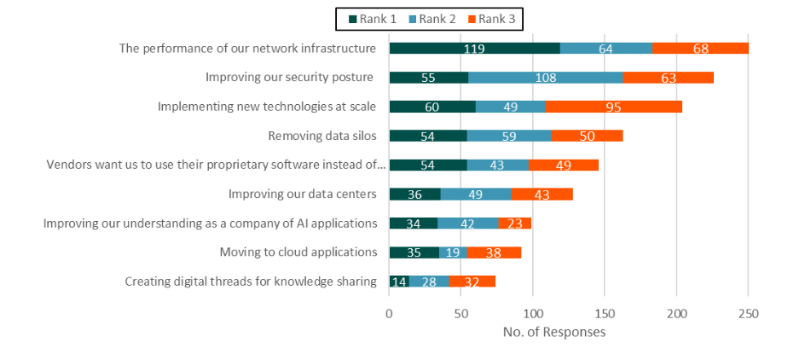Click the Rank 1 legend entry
point(362,18)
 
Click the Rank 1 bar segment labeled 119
point(474,49)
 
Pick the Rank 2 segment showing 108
point(545,78)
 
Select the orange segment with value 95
point(613,107)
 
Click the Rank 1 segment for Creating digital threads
point(399,281)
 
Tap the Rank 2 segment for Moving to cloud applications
point(453,252)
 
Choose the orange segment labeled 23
point(514,223)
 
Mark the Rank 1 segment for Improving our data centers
point(414,194)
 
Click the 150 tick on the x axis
point(605,313)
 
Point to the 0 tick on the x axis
point(390,313)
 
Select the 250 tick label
point(748,313)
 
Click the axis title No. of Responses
point(554,332)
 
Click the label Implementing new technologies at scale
point(267,107)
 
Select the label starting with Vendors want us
point(216,165)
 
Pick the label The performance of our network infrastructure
point(247,49)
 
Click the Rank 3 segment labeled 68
point(700,49)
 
